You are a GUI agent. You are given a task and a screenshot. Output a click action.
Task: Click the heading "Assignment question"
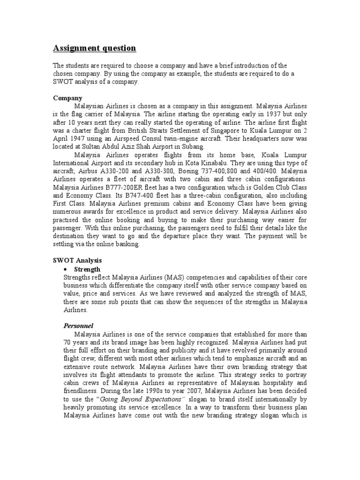click(x=94, y=48)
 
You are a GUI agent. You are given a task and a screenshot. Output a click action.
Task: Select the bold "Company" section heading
click(x=67, y=98)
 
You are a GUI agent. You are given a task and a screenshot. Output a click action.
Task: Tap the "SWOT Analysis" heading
click(x=77, y=260)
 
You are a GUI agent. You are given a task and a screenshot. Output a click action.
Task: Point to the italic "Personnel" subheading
click(x=78, y=325)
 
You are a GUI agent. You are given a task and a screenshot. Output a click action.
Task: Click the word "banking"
click(x=125, y=244)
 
